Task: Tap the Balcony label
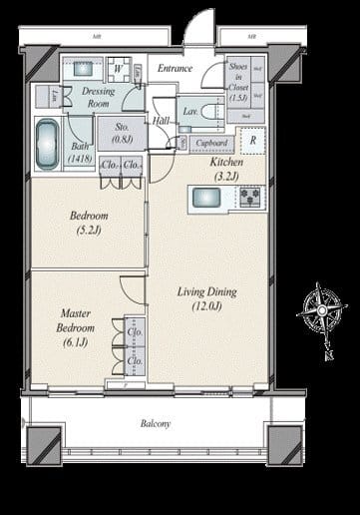(x=155, y=423)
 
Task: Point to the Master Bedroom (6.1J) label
(x=76, y=327)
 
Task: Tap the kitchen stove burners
(x=248, y=198)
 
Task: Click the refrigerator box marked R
(x=252, y=141)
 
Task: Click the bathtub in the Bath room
(x=47, y=140)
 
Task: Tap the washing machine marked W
(x=119, y=70)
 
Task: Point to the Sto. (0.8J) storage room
(x=122, y=133)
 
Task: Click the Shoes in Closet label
(x=238, y=82)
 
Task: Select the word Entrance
(x=176, y=68)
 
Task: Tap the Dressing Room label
(x=99, y=97)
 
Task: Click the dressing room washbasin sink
(x=82, y=70)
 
